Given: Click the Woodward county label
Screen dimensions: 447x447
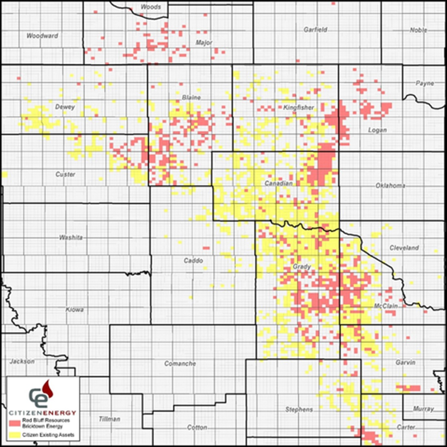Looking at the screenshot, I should click(42, 36).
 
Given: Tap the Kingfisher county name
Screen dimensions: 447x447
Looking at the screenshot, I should click(299, 108).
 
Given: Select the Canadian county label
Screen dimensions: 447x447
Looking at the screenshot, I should click(279, 184).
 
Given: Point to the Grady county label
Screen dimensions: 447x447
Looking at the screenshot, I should click(302, 267).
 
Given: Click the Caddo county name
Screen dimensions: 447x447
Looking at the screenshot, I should click(193, 260).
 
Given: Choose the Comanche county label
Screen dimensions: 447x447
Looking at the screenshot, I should click(180, 364).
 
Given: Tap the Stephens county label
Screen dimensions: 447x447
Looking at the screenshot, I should click(299, 410).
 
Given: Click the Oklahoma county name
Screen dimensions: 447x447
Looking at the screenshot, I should click(390, 186).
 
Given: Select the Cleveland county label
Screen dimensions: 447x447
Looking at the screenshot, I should click(404, 248).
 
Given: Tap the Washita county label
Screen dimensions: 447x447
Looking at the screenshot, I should click(71, 237).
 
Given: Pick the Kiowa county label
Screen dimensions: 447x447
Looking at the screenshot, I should click(75, 310).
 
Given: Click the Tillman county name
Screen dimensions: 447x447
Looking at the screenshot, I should click(109, 419).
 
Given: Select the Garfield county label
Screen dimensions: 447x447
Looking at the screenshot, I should click(316, 30).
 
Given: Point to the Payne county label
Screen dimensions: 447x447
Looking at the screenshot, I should click(425, 83).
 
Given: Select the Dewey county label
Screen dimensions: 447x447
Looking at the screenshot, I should click(65, 107).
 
